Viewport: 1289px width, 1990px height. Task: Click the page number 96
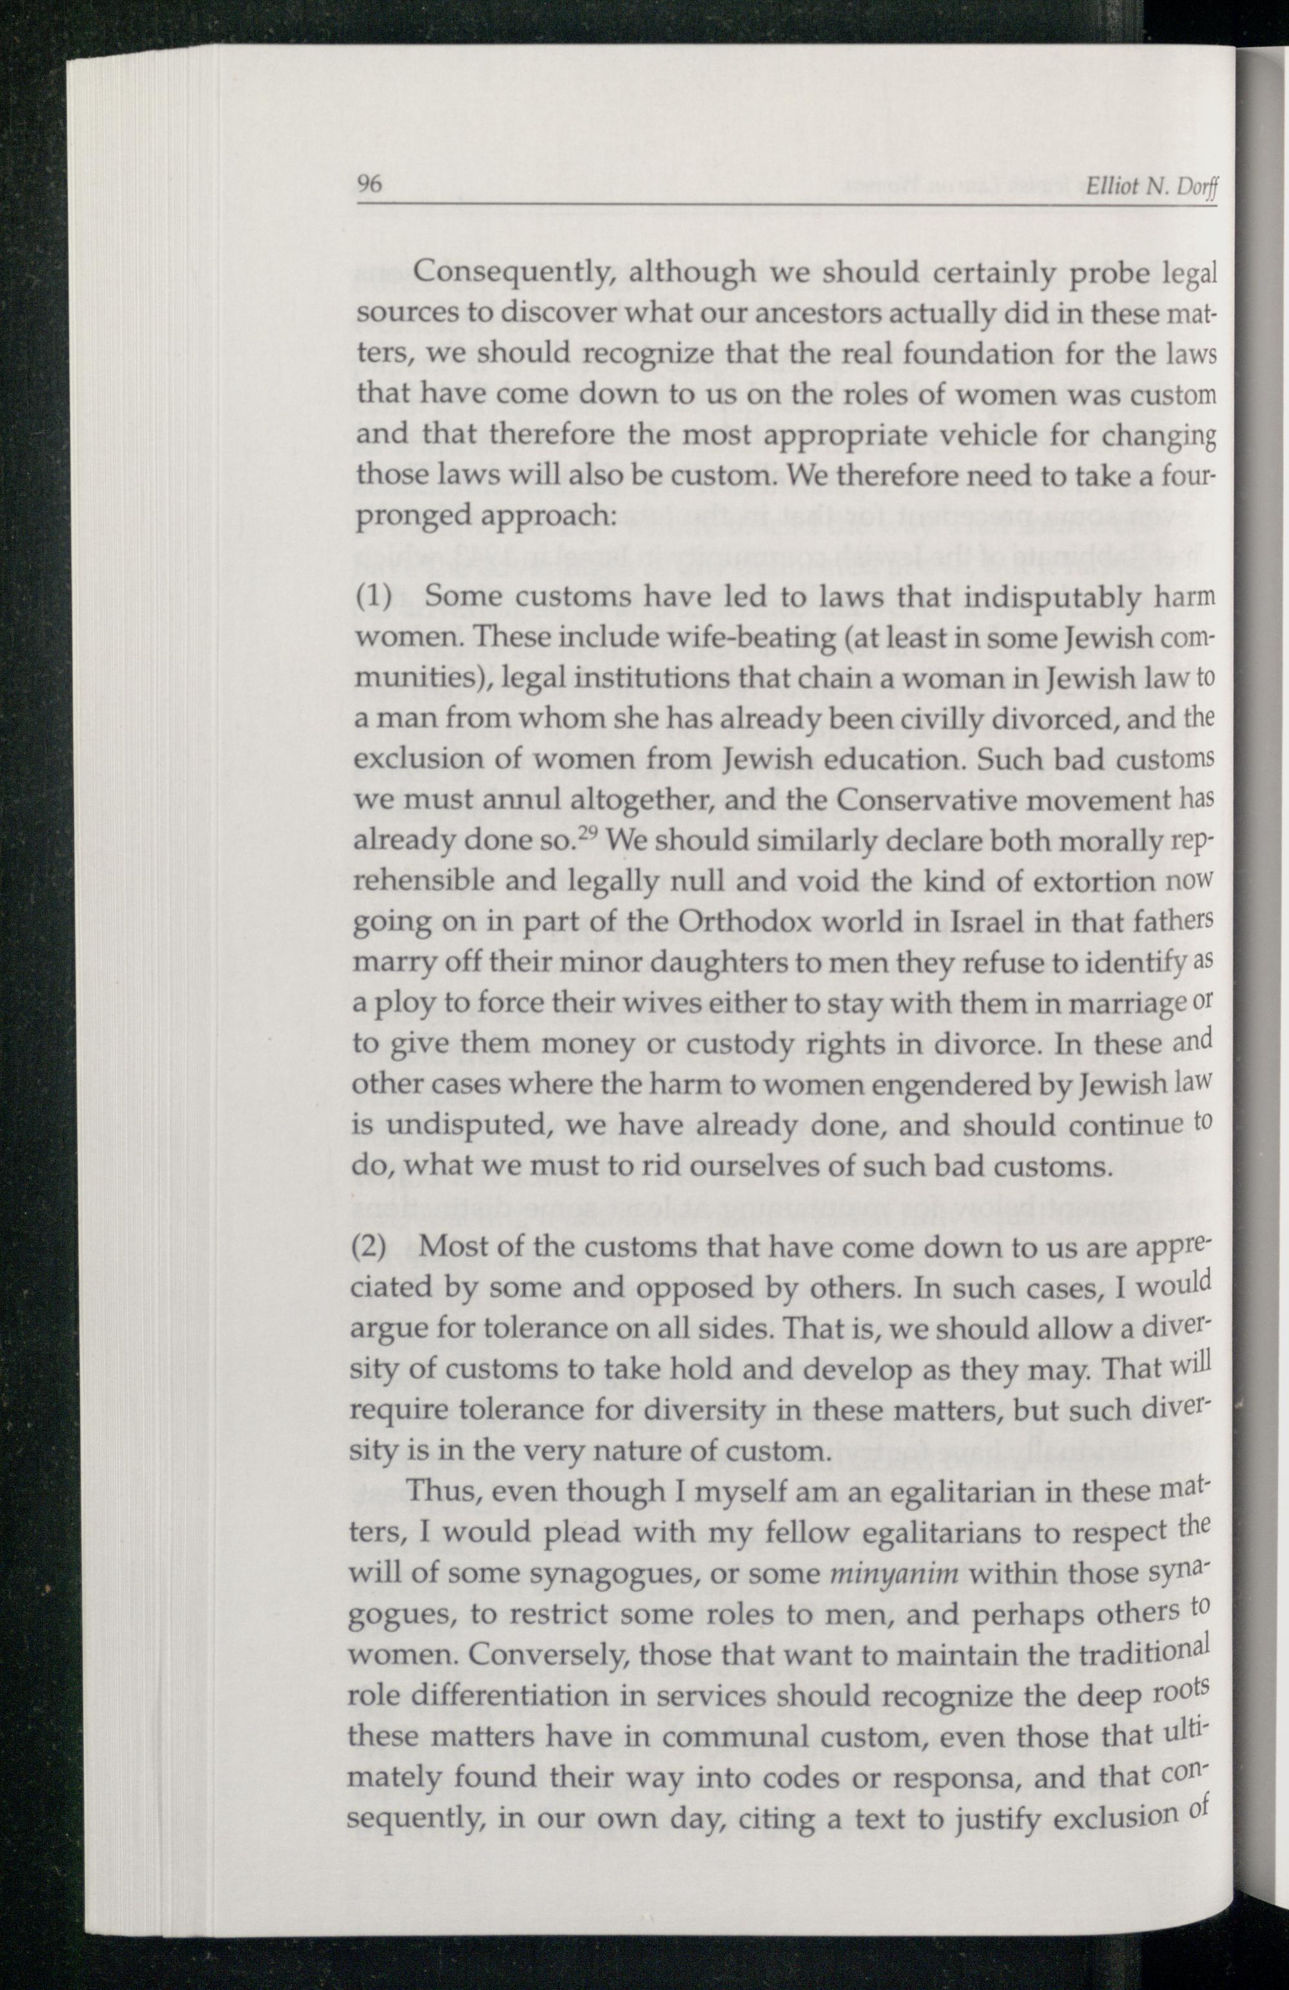coord(369,185)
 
